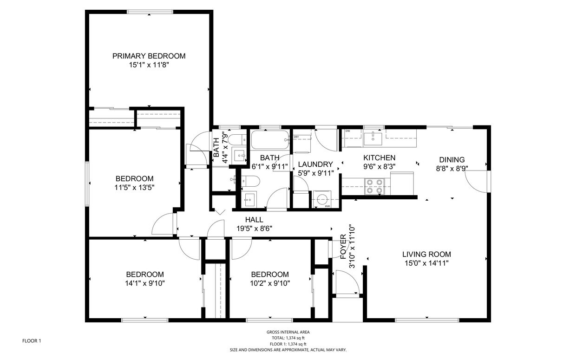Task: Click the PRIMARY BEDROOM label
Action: point(149,56)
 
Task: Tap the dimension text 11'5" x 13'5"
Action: point(134,188)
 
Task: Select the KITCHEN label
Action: point(379,158)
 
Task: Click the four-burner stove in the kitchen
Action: point(374,186)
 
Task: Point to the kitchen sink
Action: point(373,138)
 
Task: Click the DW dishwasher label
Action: point(347,131)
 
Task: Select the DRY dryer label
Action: point(296,137)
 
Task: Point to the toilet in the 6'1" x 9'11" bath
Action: point(253,180)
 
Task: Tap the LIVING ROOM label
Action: point(426,254)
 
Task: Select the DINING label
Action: point(452,160)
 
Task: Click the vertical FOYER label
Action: point(343,247)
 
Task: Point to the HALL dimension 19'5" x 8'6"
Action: point(254,228)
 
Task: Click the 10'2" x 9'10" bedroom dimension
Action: point(269,283)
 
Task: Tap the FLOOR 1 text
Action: point(32,341)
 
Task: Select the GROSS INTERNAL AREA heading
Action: point(288,332)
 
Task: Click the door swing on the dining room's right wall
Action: point(477,182)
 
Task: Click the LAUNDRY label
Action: point(315,164)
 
